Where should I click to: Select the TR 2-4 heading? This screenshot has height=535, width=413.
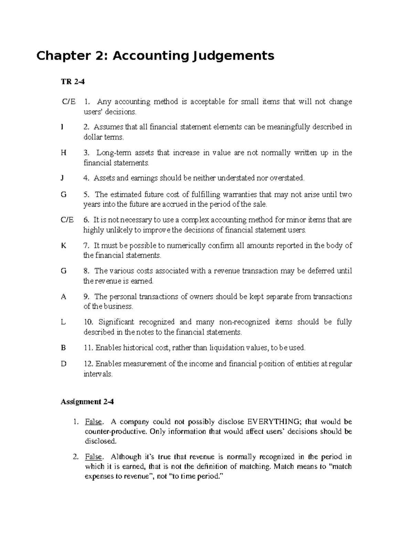(x=72, y=82)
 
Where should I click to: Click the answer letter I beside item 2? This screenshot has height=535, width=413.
(x=62, y=127)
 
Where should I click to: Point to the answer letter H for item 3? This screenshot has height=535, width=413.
(x=63, y=153)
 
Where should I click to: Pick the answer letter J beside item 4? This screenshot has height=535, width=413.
(x=62, y=178)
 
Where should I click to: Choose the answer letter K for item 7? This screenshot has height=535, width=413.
(x=63, y=246)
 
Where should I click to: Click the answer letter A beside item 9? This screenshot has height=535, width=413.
(x=63, y=297)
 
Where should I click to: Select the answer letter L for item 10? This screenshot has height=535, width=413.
(x=63, y=322)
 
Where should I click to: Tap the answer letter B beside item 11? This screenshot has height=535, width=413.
(x=63, y=348)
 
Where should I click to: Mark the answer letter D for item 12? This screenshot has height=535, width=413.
(x=63, y=364)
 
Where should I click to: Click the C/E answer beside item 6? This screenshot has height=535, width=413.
(x=67, y=220)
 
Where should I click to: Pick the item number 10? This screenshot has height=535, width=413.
(x=88, y=322)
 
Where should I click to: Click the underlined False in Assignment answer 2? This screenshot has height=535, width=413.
(x=94, y=457)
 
